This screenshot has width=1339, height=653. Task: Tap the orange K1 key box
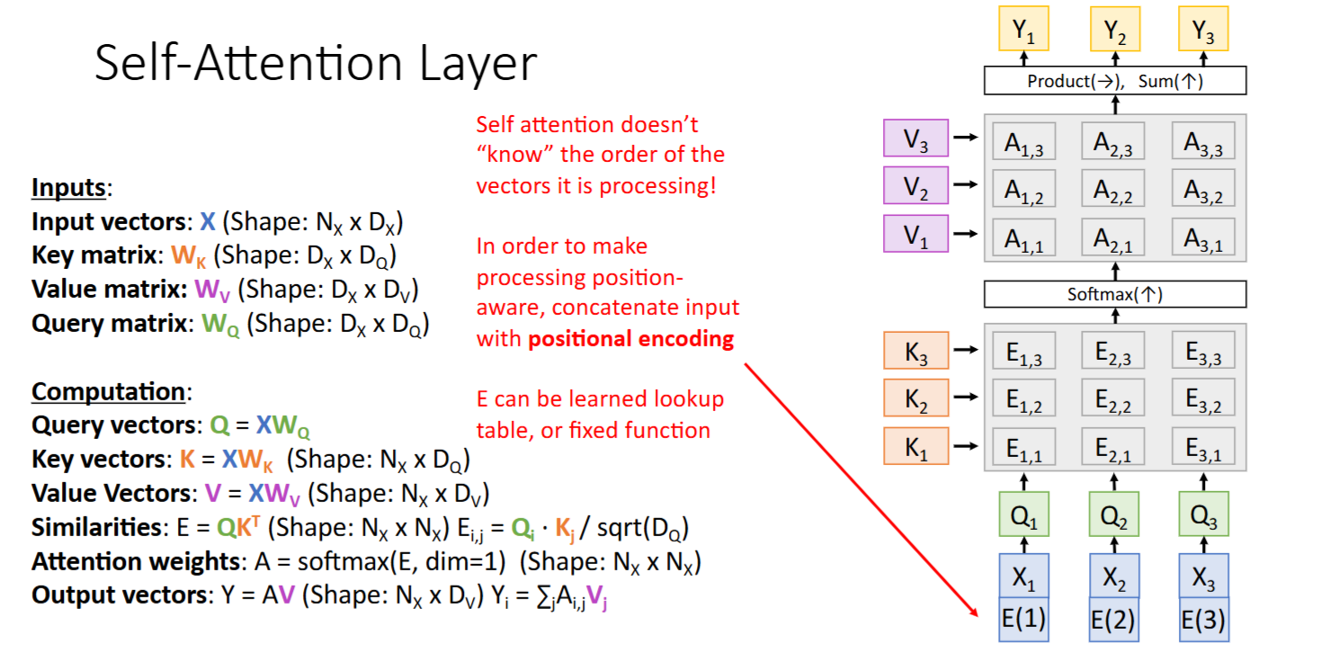pyautogui.click(x=915, y=446)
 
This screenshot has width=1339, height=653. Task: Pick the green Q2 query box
pyautogui.click(x=1114, y=514)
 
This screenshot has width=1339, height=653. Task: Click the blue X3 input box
pyautogui.click(x=1203, y=576)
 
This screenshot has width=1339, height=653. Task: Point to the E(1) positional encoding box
pyautogui.click(x=1023, y=620)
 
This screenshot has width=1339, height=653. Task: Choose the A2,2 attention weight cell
pyautogui.click(x=1113, y=189)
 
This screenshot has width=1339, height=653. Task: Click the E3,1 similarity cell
pyautogui.click(x=1203, y=446)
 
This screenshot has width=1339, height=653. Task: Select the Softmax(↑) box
pyautogui.click(x=1115, y=294)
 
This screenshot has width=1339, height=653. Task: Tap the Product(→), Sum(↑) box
pyautogui.click(x=1115, y=82)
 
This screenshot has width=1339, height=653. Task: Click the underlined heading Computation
pyautogui.click(x=108, y=393)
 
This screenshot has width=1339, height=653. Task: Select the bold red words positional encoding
pyautogui.click(x=631, y=339)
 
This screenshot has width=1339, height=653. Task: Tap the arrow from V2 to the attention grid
pyautogui.click(x=965, y=186)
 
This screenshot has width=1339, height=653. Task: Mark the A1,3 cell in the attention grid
pyautogui.click(x=1024, y=141)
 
